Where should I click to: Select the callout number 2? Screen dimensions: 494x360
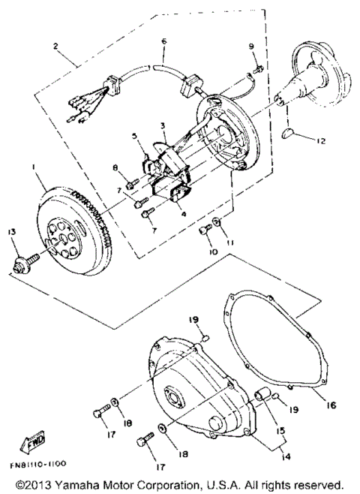point(56,46)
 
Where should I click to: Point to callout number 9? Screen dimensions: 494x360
point(253,49)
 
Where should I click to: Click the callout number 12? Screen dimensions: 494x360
point(322,141)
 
